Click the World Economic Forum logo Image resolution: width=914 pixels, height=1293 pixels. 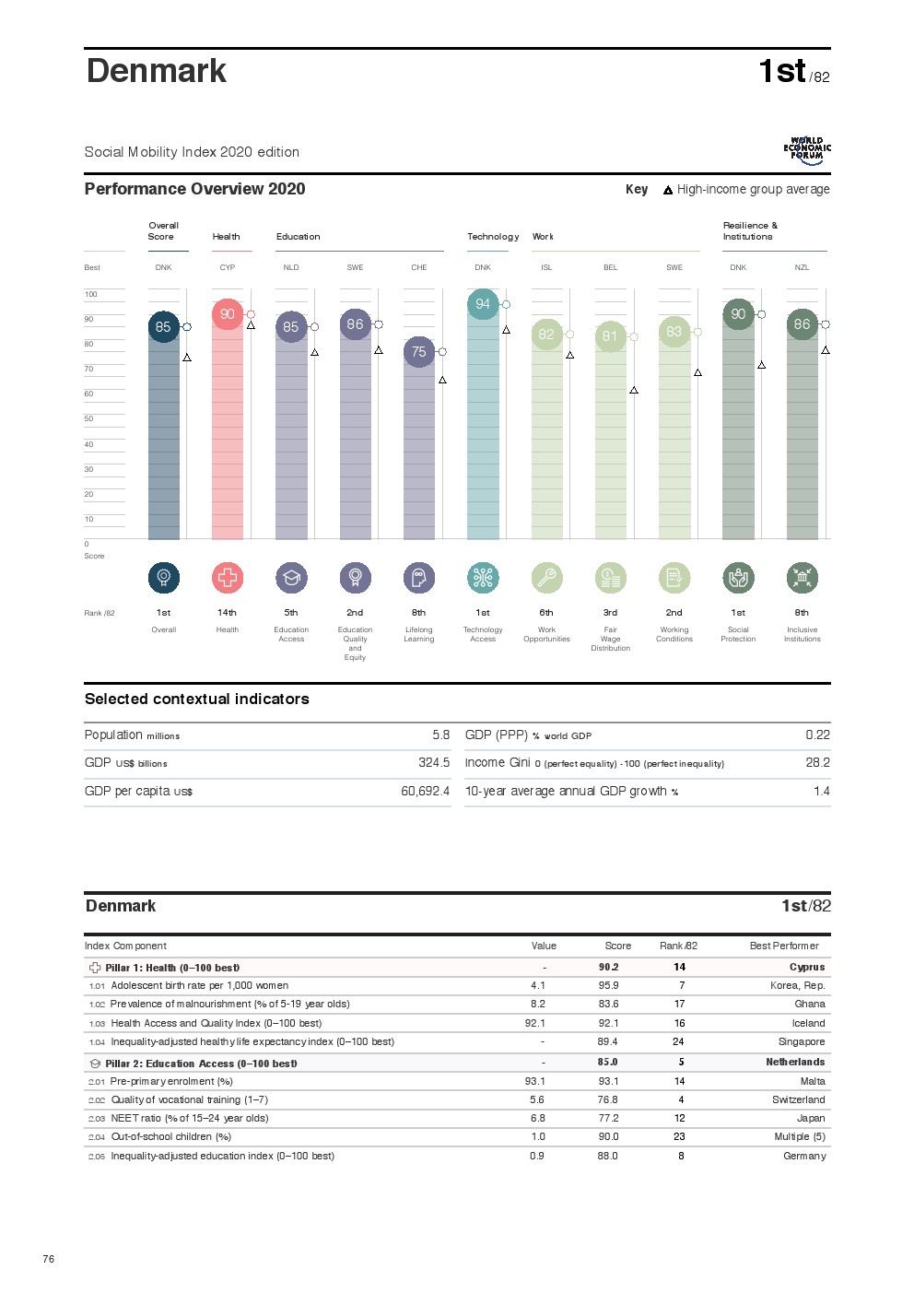pyautogui.click(x=807, y=150)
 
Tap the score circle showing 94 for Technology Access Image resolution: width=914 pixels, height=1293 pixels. pyautogui.click(x=483, y=304)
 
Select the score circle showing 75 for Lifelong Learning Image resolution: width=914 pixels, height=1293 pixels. pyautogui.click(x=419, y=352)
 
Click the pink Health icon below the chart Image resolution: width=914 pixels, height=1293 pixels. pyautogui.click(x=228, y=578)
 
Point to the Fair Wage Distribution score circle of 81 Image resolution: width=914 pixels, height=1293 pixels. pyautogui.click(x=610, y=336)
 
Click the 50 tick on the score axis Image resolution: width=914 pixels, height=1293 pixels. pyautogui.click(x=89, y=419)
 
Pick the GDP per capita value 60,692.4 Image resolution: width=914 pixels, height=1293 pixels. pyautogui.click(x=425, y=792)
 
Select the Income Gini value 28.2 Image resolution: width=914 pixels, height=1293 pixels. pyautogui.click(x=817, y=763)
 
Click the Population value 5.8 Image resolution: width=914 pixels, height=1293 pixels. pyautogui.click(x=440, y=735)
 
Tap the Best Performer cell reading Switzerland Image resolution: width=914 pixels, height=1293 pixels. pyautogui.click(x=798, y=1100)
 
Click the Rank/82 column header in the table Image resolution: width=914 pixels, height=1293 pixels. pyautogui.click(x=678, y=946)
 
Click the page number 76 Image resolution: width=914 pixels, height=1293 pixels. pyautogui.click(x=49, y=1259)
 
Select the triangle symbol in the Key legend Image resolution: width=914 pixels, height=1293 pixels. pyautogui.click(x=668, y=190)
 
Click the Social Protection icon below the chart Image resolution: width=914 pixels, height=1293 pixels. pyautogui.click(x=738, y=578)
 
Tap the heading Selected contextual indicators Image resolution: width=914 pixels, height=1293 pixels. pyautogui.click(x=197, y=699)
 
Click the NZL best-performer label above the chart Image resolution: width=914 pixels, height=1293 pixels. pyautogui.click(x=802, y=268)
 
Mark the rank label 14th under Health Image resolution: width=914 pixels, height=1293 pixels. pyautogui.click(x=228, y=613)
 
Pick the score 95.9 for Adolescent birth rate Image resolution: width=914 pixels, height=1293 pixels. pyautogui.click(x=608, y=986)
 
